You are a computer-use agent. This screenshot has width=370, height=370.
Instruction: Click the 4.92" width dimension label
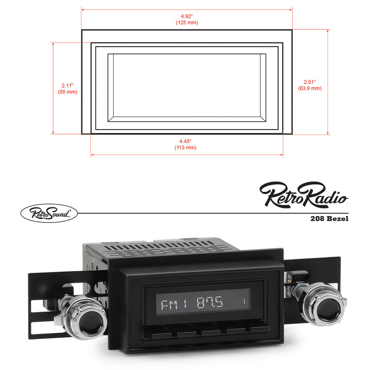click(186, 16)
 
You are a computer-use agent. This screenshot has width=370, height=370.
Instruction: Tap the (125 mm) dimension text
click(186, 22)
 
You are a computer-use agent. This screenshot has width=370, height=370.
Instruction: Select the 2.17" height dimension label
click(68, 86)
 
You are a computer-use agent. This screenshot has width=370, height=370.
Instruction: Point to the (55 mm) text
click(68, 92)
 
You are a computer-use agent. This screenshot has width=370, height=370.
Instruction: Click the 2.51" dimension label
click(309, 82)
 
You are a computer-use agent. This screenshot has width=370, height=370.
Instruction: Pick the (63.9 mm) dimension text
click(309, 88)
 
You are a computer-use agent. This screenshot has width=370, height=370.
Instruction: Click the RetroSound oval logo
click(49, 213)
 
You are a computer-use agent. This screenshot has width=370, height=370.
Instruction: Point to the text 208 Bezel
click(329, 219)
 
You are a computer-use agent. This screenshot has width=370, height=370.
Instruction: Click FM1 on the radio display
click(171, 304)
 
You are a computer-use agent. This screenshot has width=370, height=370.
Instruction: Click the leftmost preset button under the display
click(161, 334)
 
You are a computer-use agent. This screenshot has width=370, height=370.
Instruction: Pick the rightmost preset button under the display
click(260, 329)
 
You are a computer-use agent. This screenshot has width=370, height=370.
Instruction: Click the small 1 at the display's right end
click(243, 303)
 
